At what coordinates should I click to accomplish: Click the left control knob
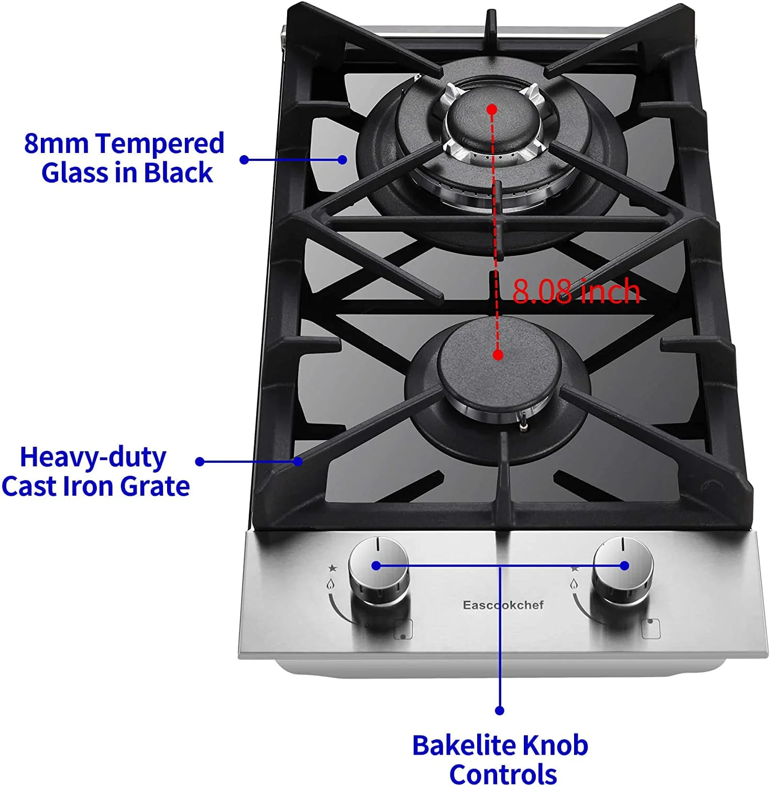pos(379,572)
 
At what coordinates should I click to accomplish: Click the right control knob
pos(623,572)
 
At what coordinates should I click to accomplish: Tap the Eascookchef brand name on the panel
pos(503,605)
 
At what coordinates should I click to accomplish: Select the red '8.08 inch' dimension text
pos(576,291)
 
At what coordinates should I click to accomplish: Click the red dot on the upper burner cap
pos(491,109)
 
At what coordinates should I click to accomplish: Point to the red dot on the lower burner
pos(498,355)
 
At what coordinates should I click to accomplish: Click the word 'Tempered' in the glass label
pos(160,143)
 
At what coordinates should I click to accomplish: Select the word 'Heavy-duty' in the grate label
pos(93,457)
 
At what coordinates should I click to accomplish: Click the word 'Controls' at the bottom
pos(503,774)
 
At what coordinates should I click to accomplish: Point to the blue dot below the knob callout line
pos(500,711)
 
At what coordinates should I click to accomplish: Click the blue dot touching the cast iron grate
pos(298,461)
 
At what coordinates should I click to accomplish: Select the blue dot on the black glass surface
pos(343,159)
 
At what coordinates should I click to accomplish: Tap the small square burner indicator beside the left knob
pos(403,629)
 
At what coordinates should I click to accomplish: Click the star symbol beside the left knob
pos(332,568)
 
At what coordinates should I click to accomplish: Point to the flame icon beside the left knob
pos(330,584)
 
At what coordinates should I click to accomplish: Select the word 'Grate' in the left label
pos(155,486)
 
